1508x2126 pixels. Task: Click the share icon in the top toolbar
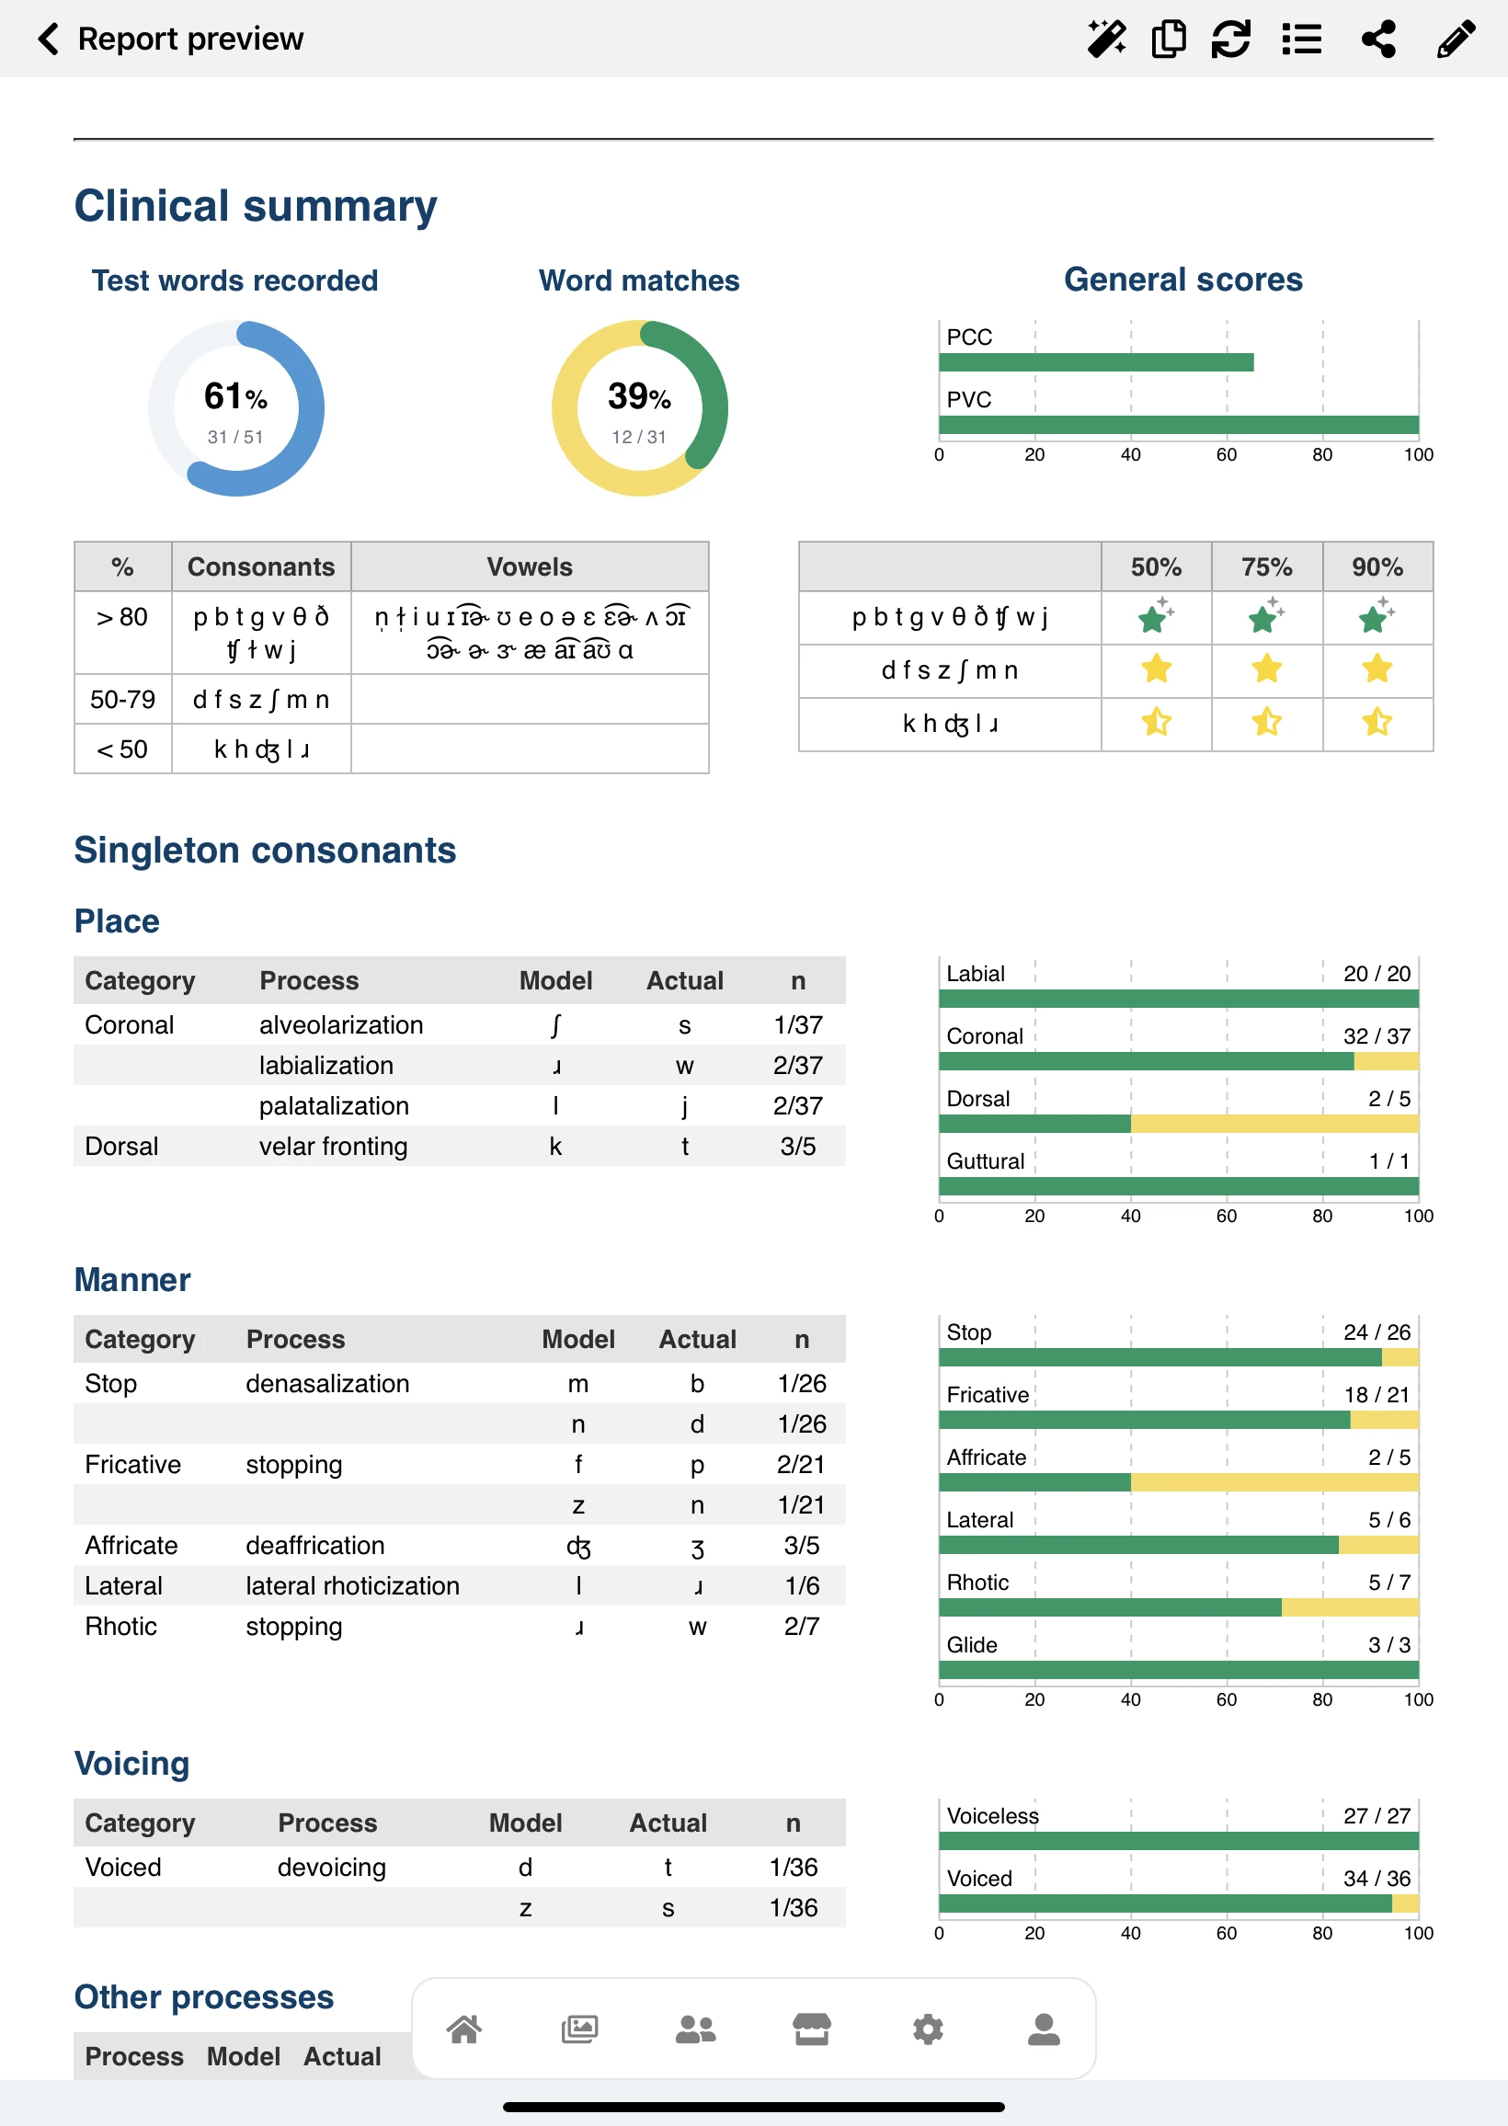click(x=1378, y=39)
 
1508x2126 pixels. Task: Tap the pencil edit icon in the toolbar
click(x=1455, y=39)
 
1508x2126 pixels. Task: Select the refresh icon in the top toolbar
click(x=1230, y=39)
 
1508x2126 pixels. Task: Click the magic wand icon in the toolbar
click(x=1106, y=39)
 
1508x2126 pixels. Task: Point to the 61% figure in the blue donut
click(x=234, y=397)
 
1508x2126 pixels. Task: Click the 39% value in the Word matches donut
click(x=639, y=397)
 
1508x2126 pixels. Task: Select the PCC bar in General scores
click(x=1096, y=362)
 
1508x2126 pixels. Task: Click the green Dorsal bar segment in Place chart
click(x=1034, y=1125)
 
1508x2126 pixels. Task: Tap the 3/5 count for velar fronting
click(x=797, y=1147)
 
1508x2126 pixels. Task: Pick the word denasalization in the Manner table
click(x=326, y=1383)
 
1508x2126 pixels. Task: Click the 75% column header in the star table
click(x=1266, y=567)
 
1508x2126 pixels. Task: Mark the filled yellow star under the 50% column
click(x=1156, y=669)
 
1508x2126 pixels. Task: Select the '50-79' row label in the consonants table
click(x=122, y=699)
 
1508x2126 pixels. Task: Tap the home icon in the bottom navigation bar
click(x=464, y=2029)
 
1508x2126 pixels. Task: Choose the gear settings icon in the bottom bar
click(x=928, y=2029)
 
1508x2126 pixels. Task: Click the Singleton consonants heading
click(x=265, y=851)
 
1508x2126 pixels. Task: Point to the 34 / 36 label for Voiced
click(x=1377, y=1878)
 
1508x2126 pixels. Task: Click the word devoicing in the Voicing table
click(x=332, y=1867)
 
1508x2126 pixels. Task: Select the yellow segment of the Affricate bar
click(x=1274, y=1482)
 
